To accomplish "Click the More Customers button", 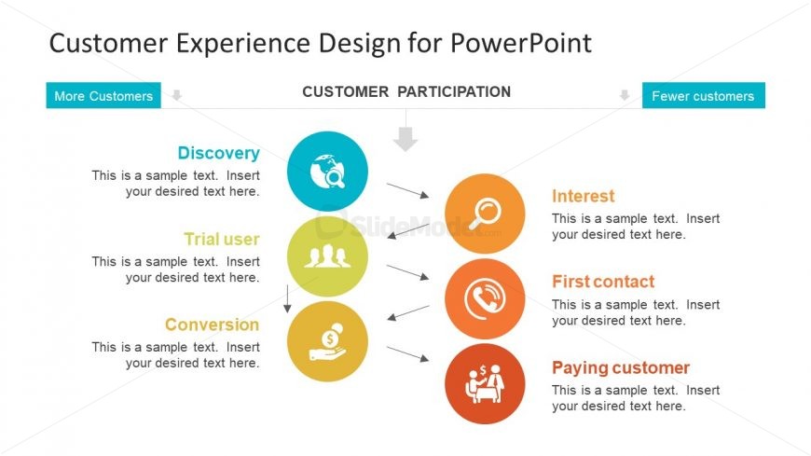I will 103,96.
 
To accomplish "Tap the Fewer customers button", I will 703,96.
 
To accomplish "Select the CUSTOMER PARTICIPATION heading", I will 406,92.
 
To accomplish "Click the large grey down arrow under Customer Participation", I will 405,138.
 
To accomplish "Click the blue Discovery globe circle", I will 328,171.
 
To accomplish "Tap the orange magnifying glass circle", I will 485,214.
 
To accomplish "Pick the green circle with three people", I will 328,256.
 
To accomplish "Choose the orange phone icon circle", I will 485,298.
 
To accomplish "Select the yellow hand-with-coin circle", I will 328,341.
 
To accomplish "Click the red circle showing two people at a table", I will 485,383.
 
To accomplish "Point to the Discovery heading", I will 218,153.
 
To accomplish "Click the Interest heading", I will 584,196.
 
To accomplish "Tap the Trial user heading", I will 221,239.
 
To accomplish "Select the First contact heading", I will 603,282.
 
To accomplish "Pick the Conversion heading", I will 212,325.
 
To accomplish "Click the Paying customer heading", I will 621,367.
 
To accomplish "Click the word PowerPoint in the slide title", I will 521,43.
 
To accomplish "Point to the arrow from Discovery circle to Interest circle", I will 407,190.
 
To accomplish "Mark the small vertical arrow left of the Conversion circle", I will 287,298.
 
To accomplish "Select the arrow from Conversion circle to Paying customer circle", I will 407,354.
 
